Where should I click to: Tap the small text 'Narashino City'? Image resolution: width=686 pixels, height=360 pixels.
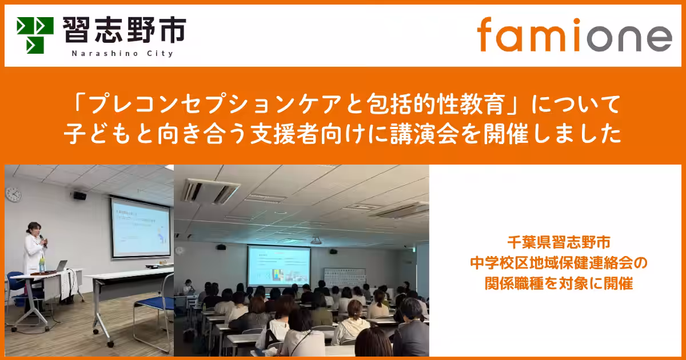pyautogui.click(x=123, y=53)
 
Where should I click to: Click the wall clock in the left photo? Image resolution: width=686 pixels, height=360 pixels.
pyautogui.click(x=13, y=195)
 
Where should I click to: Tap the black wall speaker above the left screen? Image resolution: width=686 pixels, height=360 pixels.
pyautogui.click(x=80, y=195)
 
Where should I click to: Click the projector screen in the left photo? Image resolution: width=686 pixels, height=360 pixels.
pyautogui.click(x=141, y=227)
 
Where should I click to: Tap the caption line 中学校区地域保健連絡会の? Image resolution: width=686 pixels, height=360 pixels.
pyautogui.click(x=557, y=263)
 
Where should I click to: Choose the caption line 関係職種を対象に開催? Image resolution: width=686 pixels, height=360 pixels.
pyautogui.click(x=557, y=283)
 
